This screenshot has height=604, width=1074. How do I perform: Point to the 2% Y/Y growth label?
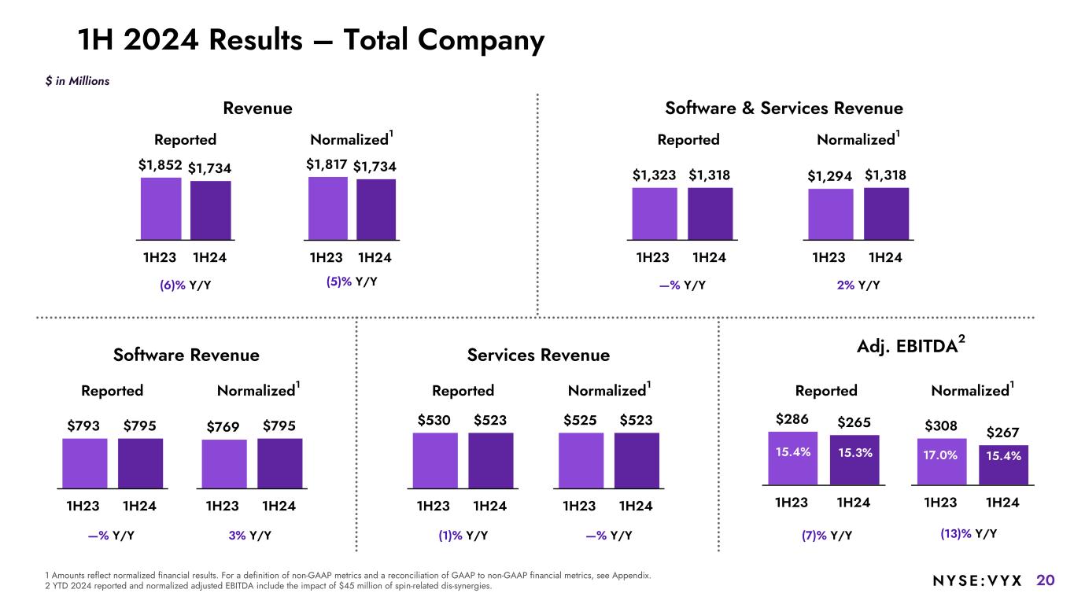pos(858,285)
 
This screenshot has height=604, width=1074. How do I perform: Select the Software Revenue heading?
pos(186,355)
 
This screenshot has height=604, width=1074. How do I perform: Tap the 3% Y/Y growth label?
pos(250,536)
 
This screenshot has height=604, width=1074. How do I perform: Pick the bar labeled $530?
pos(434,459)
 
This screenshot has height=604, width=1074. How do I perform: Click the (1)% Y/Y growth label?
pos(463,536)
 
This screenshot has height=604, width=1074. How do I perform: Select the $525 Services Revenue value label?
pos(581,421)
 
